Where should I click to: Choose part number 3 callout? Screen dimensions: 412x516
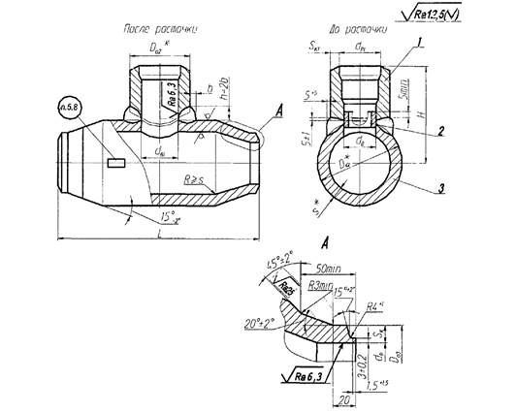click(441, 188)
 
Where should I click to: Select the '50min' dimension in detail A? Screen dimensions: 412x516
click(328, 265)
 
